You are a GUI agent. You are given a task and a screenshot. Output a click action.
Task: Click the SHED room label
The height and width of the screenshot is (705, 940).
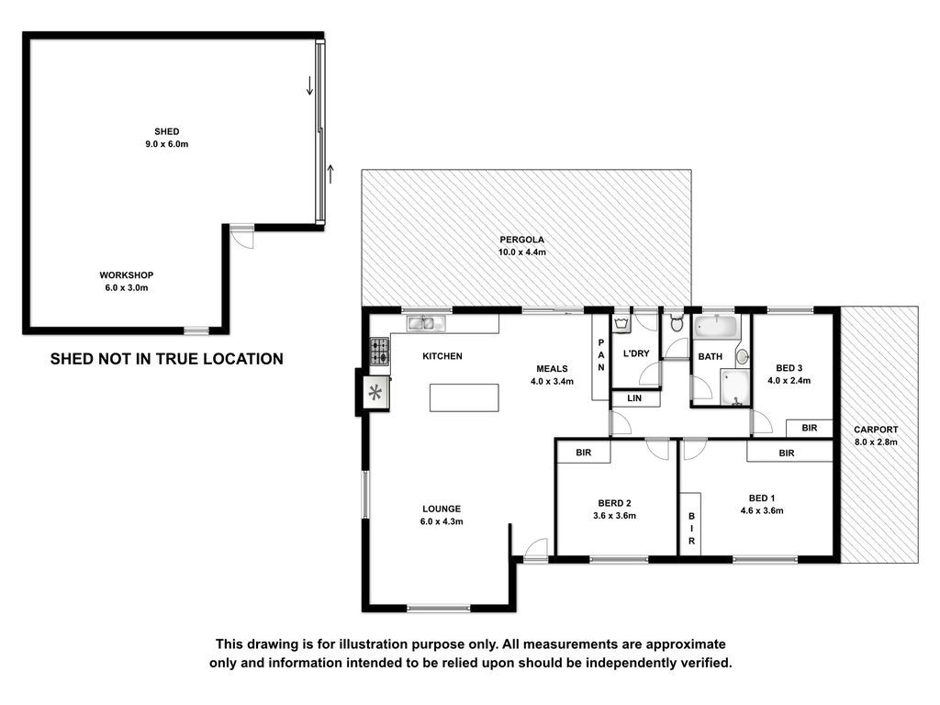tap(167, 132)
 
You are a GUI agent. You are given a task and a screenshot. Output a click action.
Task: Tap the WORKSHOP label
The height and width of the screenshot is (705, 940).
tap(127, 275)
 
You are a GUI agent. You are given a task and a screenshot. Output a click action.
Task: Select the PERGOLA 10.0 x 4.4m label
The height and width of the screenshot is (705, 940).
tap(522, 246)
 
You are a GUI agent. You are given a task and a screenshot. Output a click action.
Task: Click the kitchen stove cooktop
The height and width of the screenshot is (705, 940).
tap(379, 352)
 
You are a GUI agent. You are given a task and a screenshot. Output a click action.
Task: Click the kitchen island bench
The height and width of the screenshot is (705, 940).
tap(464, 397)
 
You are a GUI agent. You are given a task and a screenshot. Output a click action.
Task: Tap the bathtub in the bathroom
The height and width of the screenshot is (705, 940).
tap(715, 328)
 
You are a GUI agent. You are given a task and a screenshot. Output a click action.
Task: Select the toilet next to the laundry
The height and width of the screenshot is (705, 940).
tap(677, 322)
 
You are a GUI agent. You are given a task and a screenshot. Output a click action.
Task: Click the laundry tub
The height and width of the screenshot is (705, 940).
tap(621, 324)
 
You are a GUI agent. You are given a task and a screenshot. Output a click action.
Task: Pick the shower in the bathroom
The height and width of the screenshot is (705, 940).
tap(735, 388)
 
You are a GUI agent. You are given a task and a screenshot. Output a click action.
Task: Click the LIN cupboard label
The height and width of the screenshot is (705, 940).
tap(634, 398)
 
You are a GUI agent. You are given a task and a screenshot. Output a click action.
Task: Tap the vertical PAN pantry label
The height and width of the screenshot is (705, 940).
tap(600, 355)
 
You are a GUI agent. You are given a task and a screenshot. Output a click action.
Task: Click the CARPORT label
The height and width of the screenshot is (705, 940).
tap(876, 430)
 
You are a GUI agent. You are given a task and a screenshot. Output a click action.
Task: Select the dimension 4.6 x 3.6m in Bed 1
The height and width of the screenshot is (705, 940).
tap(762, 510)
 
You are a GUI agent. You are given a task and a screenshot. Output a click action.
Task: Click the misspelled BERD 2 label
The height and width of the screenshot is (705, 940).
tap(614, 503)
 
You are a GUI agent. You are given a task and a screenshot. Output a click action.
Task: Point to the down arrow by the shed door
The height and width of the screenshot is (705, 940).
tap(310, 85)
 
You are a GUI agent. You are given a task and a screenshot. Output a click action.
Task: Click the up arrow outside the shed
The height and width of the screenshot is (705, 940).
tap(330, 173)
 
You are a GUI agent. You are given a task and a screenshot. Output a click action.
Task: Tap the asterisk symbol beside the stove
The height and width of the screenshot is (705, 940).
tap(375, 393)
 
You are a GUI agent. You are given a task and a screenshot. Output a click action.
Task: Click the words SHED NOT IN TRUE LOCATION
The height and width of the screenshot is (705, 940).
tap(167, 359)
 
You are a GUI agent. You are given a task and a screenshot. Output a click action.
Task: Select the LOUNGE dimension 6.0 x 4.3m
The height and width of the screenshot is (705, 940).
tap(442, 521)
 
